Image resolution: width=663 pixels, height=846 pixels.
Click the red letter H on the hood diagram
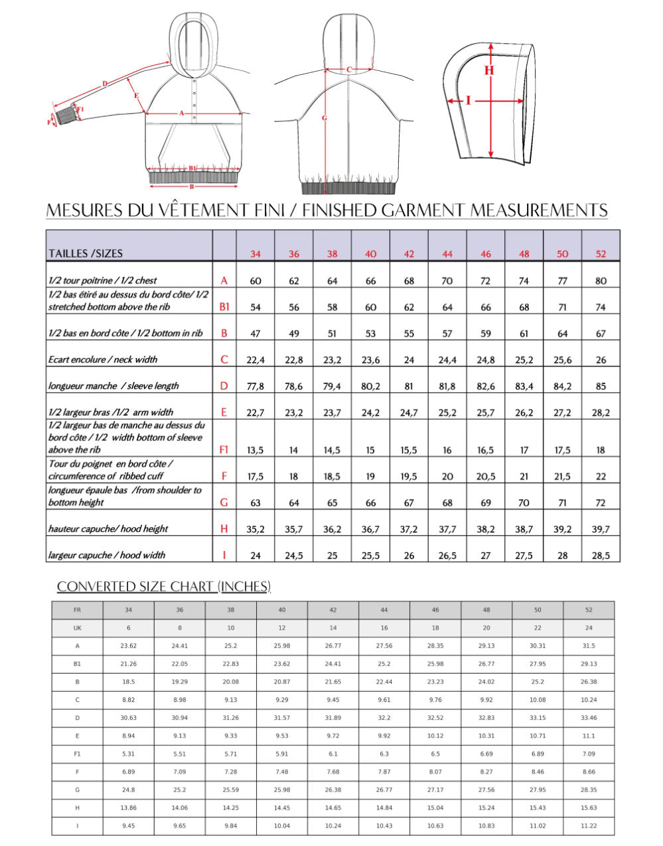pyautogui.click(x=489, y=70)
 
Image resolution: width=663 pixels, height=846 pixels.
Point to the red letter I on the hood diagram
pyautogui.click(x=469, y=101)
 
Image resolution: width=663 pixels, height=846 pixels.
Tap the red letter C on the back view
pyautogui.click(x=349, y=70)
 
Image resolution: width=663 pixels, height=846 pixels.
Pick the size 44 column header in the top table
pyautogui.click(x=447, y=254)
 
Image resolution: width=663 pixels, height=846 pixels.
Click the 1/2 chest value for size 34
pyautogui.click(x=256, y=280)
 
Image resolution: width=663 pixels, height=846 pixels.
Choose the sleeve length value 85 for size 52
pyautogui.click(x=601, y=386)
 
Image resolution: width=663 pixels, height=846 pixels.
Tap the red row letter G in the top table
pyautogui.click(x=224, y=503)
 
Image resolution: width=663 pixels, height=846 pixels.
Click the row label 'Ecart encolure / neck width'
pyautogui.click(x=103, y=359)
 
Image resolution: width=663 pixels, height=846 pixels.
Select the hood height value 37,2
pyautogui.click(x=409, y=529)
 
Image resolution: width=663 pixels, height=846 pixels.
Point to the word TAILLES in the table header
pyautogui.click(x=67, y=253)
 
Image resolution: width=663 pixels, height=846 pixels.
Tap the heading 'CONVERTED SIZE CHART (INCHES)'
pyautogui.click(x=164, y=586)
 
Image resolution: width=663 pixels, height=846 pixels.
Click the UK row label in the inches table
pyautogui.click(x=78, y=628)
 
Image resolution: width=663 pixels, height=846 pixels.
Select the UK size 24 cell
pyautogui.click(x=589, y=628)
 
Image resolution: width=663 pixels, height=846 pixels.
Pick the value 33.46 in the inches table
pyautogui.click(x=589, y=718)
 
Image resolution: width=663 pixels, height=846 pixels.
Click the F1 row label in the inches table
pyautogui.click(x=78, y=754)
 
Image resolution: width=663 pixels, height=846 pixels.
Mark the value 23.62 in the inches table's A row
pyautogui.click(x=129, y=646)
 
